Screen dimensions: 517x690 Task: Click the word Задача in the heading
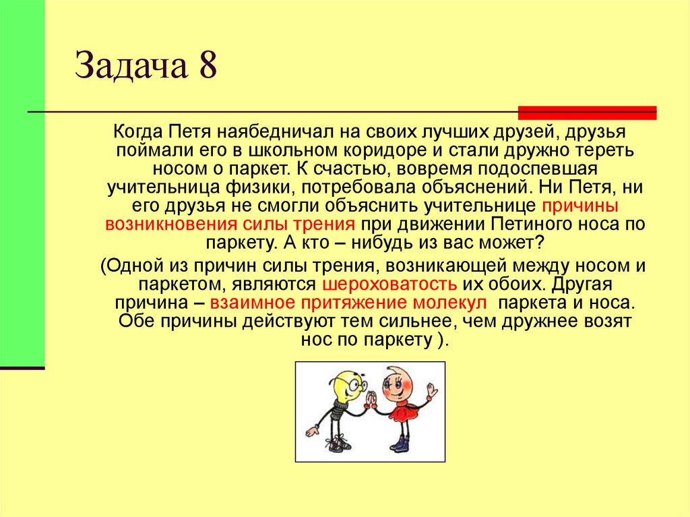pos(132,69)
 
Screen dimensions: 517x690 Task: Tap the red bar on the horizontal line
pos(587,113)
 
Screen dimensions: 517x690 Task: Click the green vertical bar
pos(22,182)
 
